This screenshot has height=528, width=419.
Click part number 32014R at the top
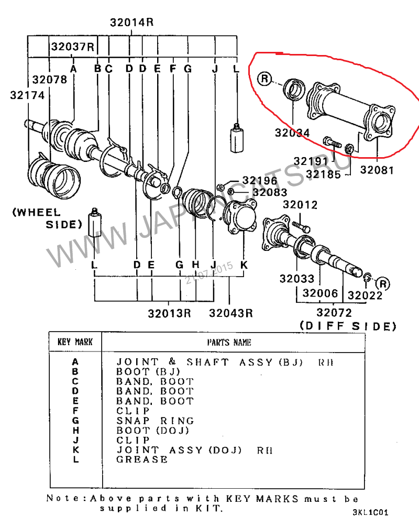pos(131,23)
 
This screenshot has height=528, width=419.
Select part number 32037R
pos(73,46)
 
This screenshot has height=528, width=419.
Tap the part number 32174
pos(27,95)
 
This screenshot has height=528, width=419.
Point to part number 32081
pos(377,170)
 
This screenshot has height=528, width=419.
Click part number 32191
pos(311,161)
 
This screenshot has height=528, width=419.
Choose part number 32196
pos(260,181)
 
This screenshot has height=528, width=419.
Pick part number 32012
pos(300,205)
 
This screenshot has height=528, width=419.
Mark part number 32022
pos(365,295)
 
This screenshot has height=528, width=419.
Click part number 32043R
pos(231,313)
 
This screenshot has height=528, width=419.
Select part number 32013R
pos(169,313)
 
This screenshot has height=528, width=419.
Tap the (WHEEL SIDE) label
pos(47,218)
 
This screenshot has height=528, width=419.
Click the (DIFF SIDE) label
pos(348,326)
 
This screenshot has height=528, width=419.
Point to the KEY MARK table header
pos(75,342)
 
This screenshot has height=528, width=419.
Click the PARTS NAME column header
pos(229,343)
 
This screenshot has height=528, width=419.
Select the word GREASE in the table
pos(142,460)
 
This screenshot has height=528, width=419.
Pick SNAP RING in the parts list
pos(155,421)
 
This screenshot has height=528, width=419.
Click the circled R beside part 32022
pos(383,284)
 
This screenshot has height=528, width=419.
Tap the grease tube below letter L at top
pos(237,138)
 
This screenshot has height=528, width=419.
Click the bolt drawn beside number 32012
pos(301,227)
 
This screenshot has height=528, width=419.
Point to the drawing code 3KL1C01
pos(370,512)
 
